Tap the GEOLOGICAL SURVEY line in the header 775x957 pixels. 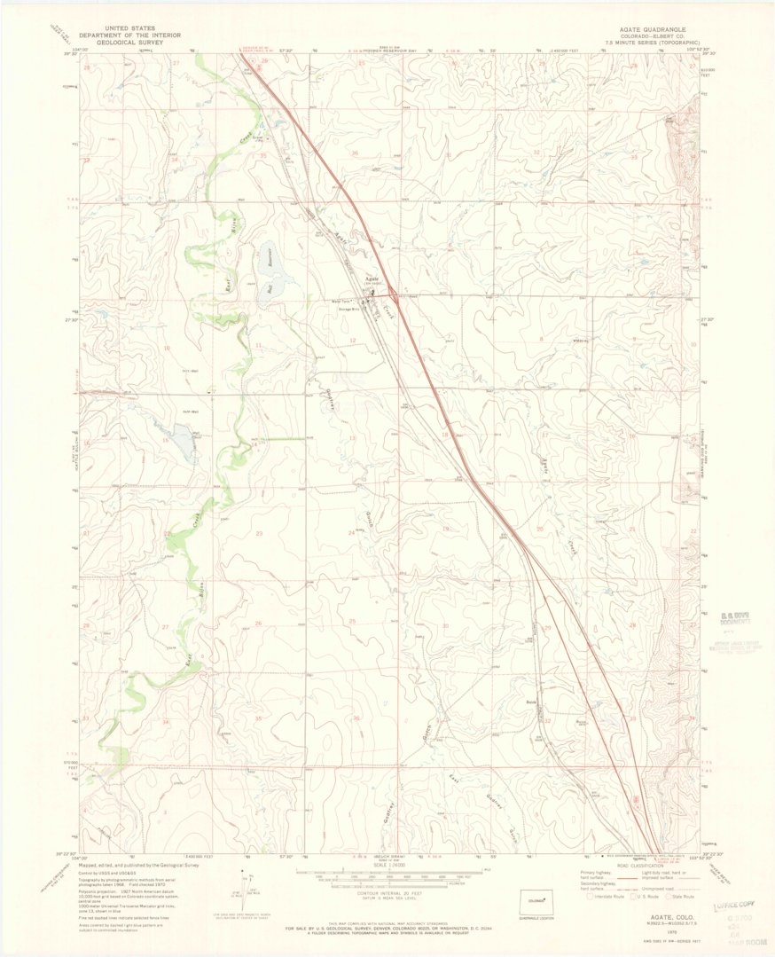point(129,42)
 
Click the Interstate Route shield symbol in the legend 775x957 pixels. point(592,897)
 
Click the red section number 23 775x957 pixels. point(260,533)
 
